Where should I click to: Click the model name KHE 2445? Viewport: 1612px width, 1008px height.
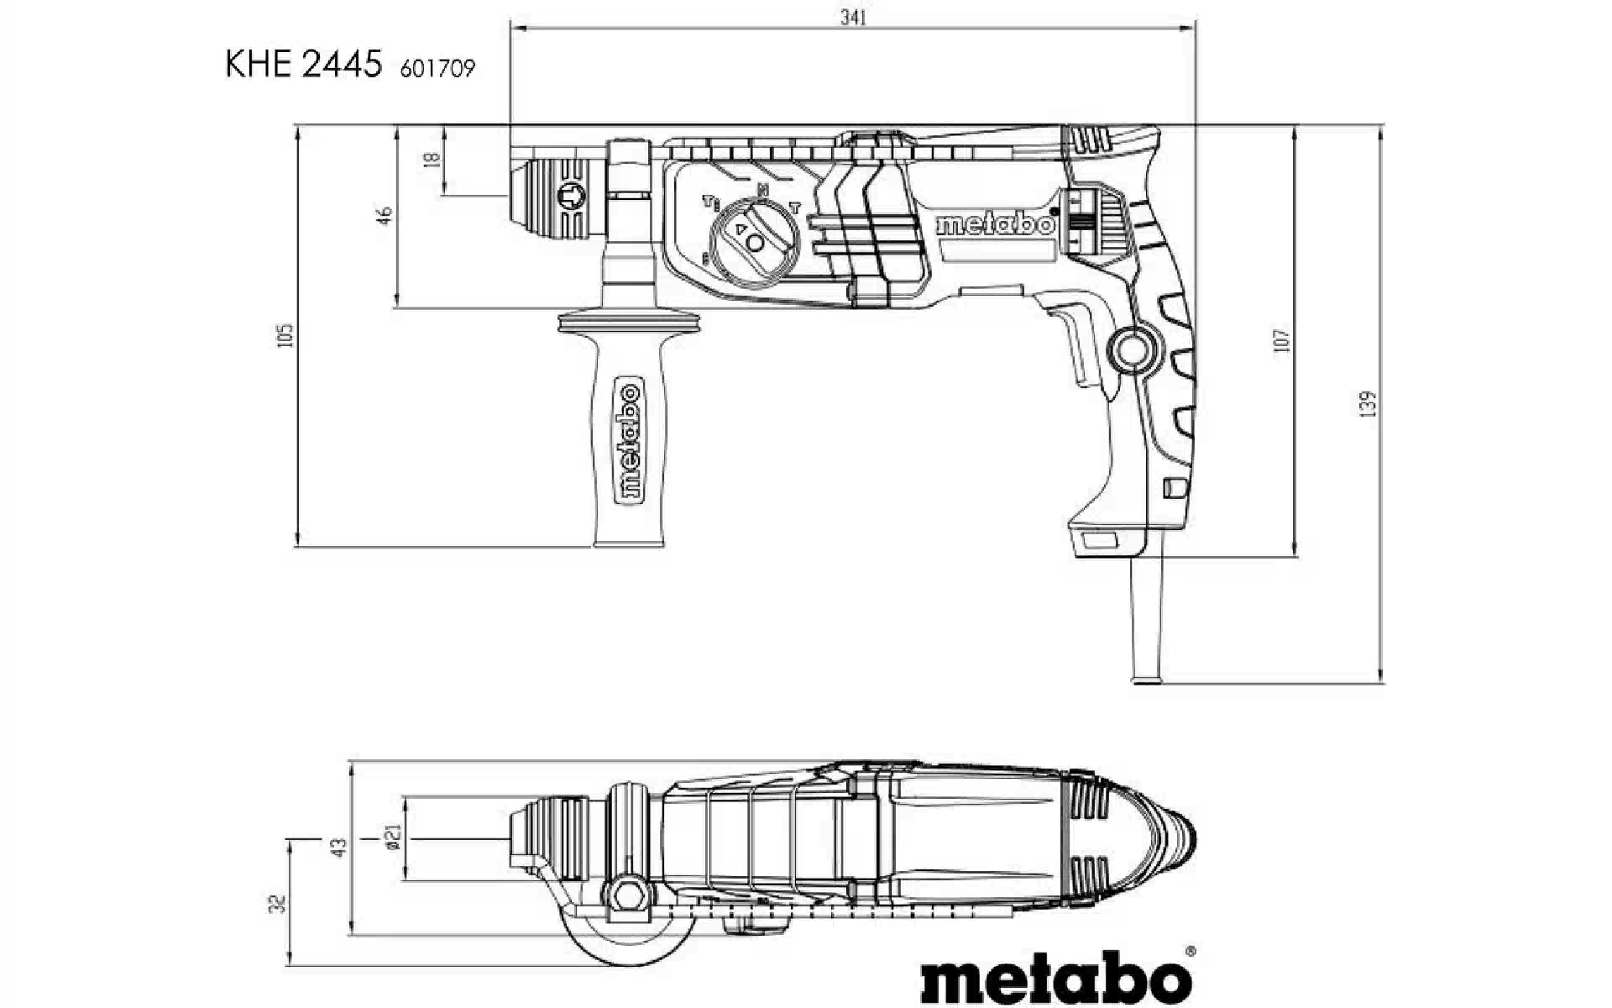pos(303,65)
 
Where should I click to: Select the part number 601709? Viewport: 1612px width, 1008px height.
pos(437,69)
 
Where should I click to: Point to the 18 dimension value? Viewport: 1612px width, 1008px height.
pos(432,159)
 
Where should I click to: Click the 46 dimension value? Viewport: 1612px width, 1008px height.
pos(385,215)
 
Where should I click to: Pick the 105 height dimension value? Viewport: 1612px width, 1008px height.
pos(286,335)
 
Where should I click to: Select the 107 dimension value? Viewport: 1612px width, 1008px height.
pos(1281,340)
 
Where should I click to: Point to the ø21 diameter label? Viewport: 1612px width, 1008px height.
pos(393,837)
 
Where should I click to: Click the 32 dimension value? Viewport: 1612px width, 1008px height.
pos(280,904)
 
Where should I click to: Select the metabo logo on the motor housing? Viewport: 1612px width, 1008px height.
pos(995,224)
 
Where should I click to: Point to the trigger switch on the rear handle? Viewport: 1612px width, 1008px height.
pos(1079,344)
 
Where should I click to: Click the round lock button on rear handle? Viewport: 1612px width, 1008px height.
pos(1132,349)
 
